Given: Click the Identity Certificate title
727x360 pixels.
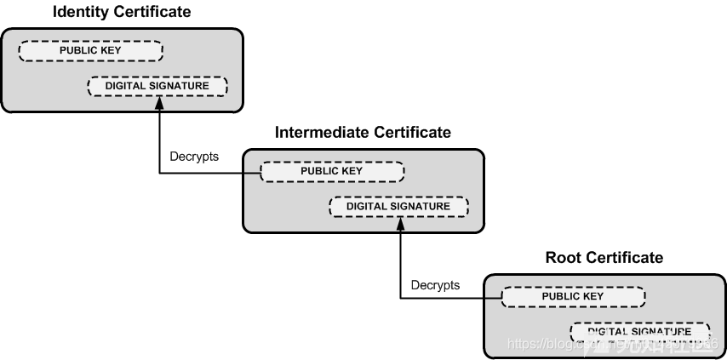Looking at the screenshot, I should click(122, 12).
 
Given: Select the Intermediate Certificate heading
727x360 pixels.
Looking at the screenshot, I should click(363, 132).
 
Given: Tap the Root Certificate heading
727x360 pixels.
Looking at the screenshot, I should click(604, 257).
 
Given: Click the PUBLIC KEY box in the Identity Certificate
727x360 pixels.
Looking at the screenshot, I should click(90, 50).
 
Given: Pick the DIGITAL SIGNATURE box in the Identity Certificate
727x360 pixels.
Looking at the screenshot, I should click(157, 86).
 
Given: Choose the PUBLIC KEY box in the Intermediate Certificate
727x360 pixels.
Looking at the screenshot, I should click(332, 171).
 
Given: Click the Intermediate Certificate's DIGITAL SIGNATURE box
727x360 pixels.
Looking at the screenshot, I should click(398, 206).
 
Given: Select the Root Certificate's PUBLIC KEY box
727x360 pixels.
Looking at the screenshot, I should click(572, 296).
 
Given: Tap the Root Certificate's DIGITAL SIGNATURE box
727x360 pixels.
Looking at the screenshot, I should click(639, 331).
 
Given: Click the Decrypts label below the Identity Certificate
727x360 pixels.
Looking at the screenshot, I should click(195, 157).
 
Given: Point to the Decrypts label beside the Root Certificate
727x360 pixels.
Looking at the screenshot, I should click(435, 284).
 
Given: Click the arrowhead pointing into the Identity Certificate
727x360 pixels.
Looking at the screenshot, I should click(159, 102).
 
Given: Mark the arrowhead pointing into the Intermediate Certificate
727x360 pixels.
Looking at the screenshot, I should click(400, 222).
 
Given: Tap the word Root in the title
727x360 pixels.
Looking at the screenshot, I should click(562, 257).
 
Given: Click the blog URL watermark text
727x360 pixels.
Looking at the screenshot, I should click(612, 343).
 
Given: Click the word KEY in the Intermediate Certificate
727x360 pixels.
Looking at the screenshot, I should click(352, 171).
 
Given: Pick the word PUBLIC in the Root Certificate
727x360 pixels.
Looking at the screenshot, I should click(560, 296).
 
